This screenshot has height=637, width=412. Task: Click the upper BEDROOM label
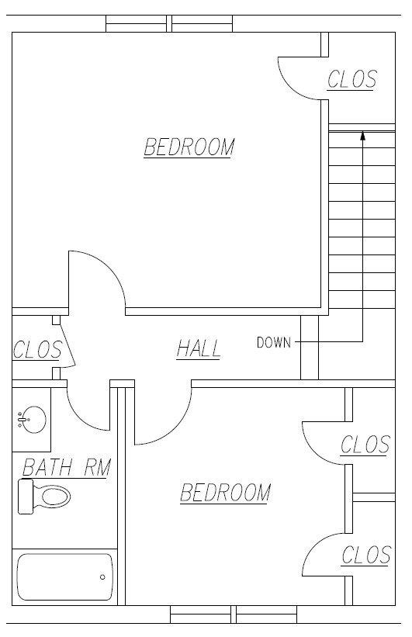tap(189, 147)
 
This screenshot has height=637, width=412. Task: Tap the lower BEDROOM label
tap(226, 493)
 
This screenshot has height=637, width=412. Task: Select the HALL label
tap(199, 349)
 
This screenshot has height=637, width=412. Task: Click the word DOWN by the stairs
tap(274, 342)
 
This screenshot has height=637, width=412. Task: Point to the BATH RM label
tap(66, 467)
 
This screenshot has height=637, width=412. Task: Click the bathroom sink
tap(32, 420)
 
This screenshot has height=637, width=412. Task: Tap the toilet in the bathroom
tap(44, 497)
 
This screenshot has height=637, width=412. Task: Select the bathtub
tap(65, 577)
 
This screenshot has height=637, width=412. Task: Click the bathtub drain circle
tap(102, 577)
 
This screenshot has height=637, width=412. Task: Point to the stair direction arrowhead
tap(363, 136)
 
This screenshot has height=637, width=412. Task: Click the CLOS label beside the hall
tap(37, 350)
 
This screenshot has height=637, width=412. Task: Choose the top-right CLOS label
tap(352, 80)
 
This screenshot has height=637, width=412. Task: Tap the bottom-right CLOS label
tap(366, 556)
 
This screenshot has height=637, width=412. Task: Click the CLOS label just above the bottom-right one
tap(365, 445)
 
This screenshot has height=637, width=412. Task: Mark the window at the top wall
tap(169, 23)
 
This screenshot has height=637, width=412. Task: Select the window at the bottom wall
tap(234, 614)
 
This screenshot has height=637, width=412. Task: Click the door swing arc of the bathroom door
tap(80, 417)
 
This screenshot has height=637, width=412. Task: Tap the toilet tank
tap(26, 497)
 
